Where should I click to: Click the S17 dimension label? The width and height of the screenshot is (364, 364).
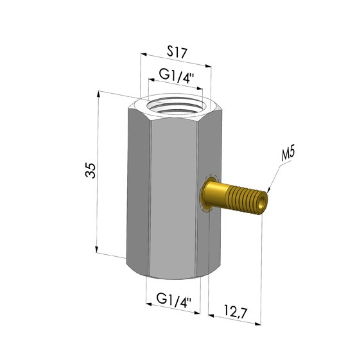pos(177,53)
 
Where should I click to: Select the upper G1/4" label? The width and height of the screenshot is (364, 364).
pos(177,76)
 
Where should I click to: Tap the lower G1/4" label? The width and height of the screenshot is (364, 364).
pos(174,300)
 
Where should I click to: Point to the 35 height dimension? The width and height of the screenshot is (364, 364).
pos(91,170)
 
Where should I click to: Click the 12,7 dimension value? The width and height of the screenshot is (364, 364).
pos(236,311)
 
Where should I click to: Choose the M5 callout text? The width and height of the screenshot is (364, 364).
pos(288,153)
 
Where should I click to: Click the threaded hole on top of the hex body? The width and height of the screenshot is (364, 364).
pos(175,107)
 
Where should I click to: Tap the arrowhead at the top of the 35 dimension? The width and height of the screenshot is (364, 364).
pos(99,94)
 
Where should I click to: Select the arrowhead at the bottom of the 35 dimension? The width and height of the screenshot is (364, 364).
pos(96,249)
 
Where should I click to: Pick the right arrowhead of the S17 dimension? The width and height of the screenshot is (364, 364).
pos(208,66)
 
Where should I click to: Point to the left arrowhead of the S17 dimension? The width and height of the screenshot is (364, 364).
pos(144,55)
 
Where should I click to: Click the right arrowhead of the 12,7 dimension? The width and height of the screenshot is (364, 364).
pos(257,323)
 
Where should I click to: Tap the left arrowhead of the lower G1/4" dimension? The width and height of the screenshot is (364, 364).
pos(149,304)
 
